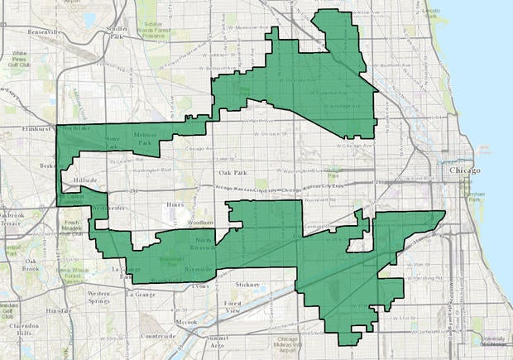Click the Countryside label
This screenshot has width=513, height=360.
coord(158,336)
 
